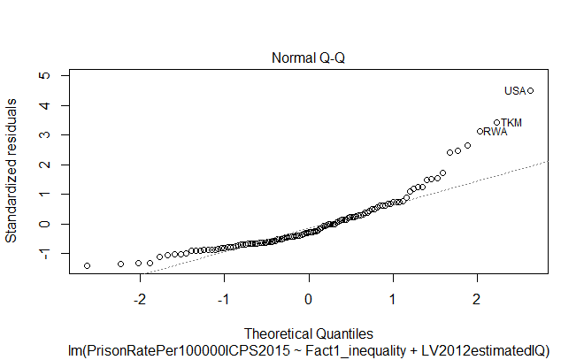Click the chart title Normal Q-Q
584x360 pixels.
[x=308, y=58]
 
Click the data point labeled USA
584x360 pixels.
[x=530, y=90]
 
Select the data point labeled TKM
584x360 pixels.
[x=497, y=122]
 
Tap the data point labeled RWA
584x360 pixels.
[x=480, y=131]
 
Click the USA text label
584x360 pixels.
[x=514, y=90]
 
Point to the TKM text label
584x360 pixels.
[x=511, y=122]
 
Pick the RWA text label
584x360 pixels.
[x=496, y=132]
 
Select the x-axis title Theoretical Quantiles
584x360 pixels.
[x=308, y=333]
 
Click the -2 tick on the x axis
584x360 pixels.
[x=139, y=295]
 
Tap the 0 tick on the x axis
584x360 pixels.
[x=308, y=295]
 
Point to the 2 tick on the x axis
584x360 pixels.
[x=477, y=295]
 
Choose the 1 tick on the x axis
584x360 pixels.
[x=393, y=295]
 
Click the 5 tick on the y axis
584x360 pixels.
[x=45, y=76]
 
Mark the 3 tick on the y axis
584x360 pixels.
[x=45, y=135]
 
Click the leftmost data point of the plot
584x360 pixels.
[x=87, y=265]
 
